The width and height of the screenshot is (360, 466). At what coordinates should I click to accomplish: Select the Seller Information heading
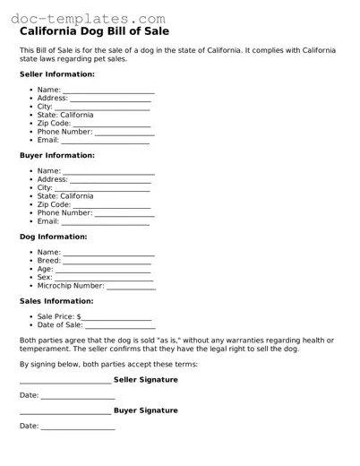coord(56,74)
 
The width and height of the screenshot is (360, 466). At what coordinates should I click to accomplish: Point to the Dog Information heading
coord(53,237)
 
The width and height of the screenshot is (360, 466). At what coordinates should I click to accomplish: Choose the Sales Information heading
coord(56,301)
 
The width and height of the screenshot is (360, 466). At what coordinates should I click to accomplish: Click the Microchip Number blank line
coord(131,288)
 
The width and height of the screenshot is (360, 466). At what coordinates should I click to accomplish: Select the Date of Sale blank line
coord(118,326)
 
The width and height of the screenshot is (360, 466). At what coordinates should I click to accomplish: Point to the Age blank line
coord(106,270)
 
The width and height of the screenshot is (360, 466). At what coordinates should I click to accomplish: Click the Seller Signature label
coord(145,380)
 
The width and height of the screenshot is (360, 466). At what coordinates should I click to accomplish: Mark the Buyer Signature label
coord(145,410)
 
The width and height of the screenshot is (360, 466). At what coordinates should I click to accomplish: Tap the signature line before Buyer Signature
coord(65,412)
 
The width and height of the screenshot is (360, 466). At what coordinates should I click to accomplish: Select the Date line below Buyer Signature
coord(78,427)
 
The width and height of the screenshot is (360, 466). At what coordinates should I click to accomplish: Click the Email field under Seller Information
coord(105,142)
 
